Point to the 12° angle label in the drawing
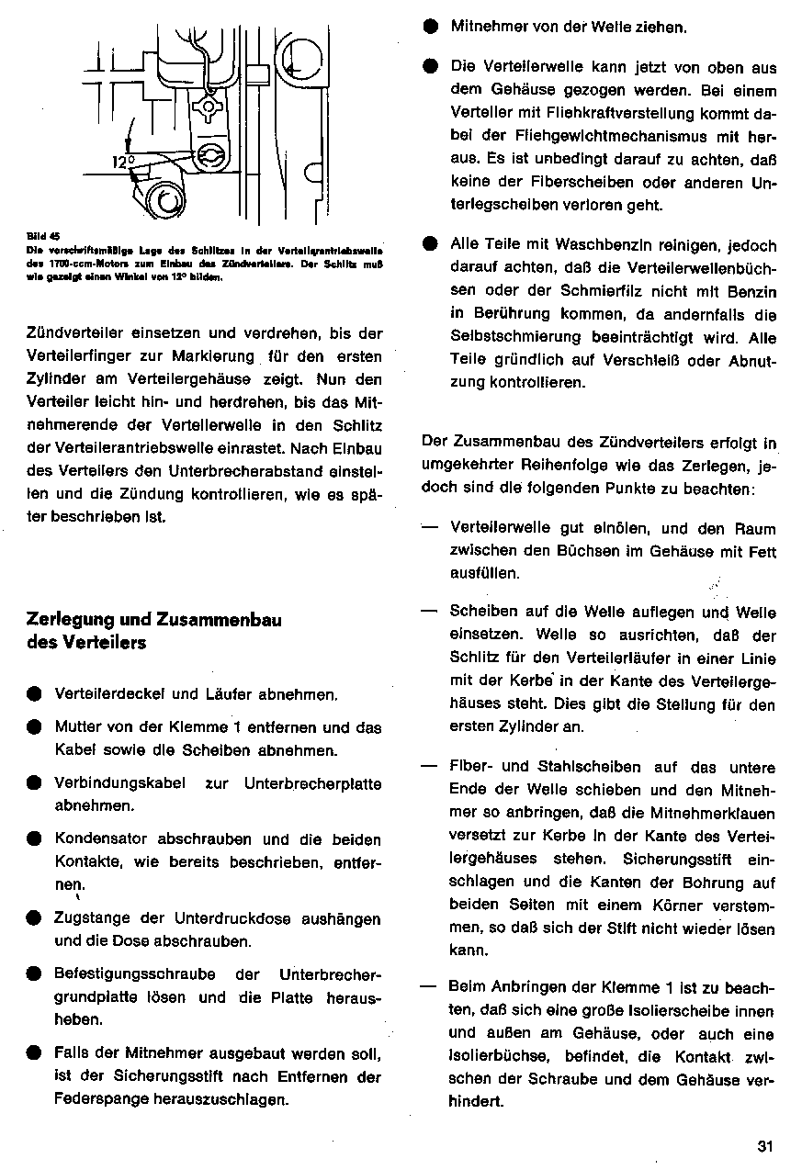123,162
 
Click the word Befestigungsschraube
135,974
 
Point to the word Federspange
100,1098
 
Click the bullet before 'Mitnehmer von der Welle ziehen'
430,27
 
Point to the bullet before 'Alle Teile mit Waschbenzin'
430,245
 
